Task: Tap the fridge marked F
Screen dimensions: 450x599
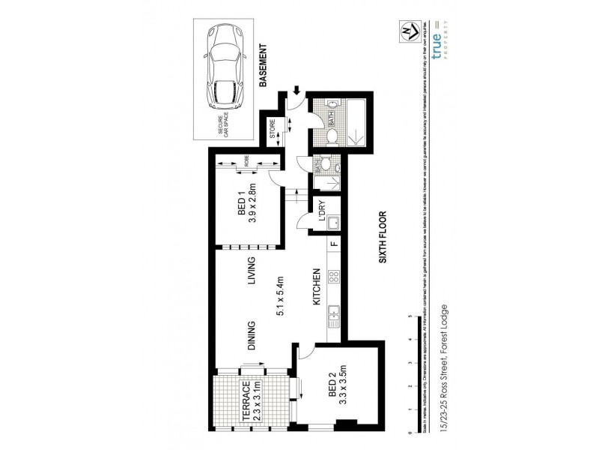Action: pos(335,243)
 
